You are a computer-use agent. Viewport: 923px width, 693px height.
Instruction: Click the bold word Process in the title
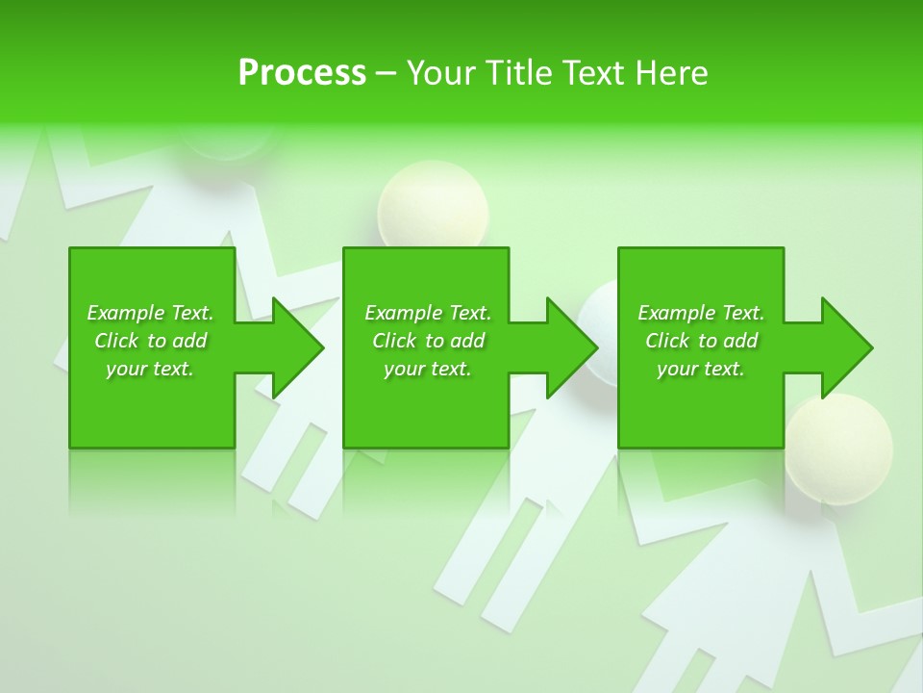pos(302,73)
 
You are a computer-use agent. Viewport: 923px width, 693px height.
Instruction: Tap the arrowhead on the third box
pos(845,347)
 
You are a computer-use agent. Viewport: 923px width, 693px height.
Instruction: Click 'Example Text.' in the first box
pos(150,313)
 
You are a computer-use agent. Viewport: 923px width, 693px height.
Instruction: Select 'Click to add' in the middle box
pos(428,341)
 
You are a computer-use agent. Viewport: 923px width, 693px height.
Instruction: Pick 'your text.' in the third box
pos(701,369)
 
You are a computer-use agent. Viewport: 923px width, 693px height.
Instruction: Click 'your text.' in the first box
pos(150,369)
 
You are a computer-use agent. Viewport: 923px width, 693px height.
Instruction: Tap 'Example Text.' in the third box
pos(701,313)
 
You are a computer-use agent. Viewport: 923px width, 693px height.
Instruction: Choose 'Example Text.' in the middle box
pos(428,313)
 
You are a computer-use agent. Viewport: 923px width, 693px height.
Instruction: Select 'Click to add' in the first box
pos(150,341)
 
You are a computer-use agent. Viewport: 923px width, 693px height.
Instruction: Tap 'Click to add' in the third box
pos(701,341)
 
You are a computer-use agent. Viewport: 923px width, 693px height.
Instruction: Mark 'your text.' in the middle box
pos(428,369)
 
